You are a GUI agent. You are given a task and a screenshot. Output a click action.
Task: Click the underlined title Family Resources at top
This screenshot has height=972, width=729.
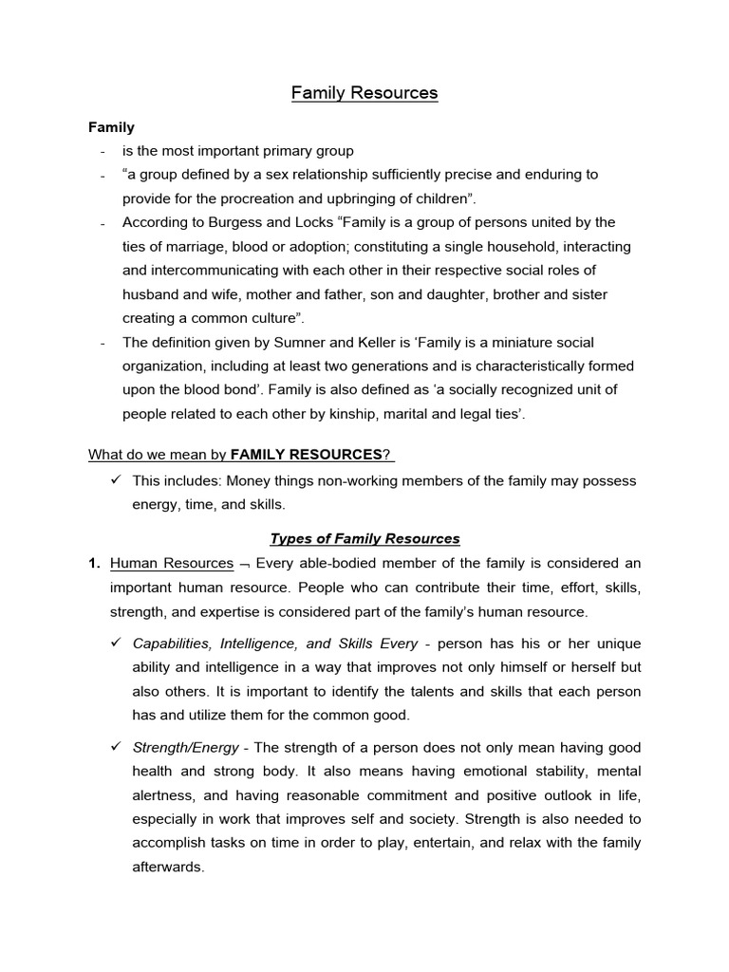[364, 93]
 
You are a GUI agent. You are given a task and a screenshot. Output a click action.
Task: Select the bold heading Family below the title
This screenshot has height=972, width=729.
[112, 126]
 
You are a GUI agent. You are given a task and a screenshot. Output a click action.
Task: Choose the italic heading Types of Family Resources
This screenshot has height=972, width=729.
[364, 539]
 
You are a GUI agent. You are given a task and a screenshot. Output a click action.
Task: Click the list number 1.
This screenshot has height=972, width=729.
[94, 564]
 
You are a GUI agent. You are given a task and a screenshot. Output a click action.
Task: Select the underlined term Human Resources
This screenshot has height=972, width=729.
[172, 564]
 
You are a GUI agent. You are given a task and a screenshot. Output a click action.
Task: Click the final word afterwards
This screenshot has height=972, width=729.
[168, 867]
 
